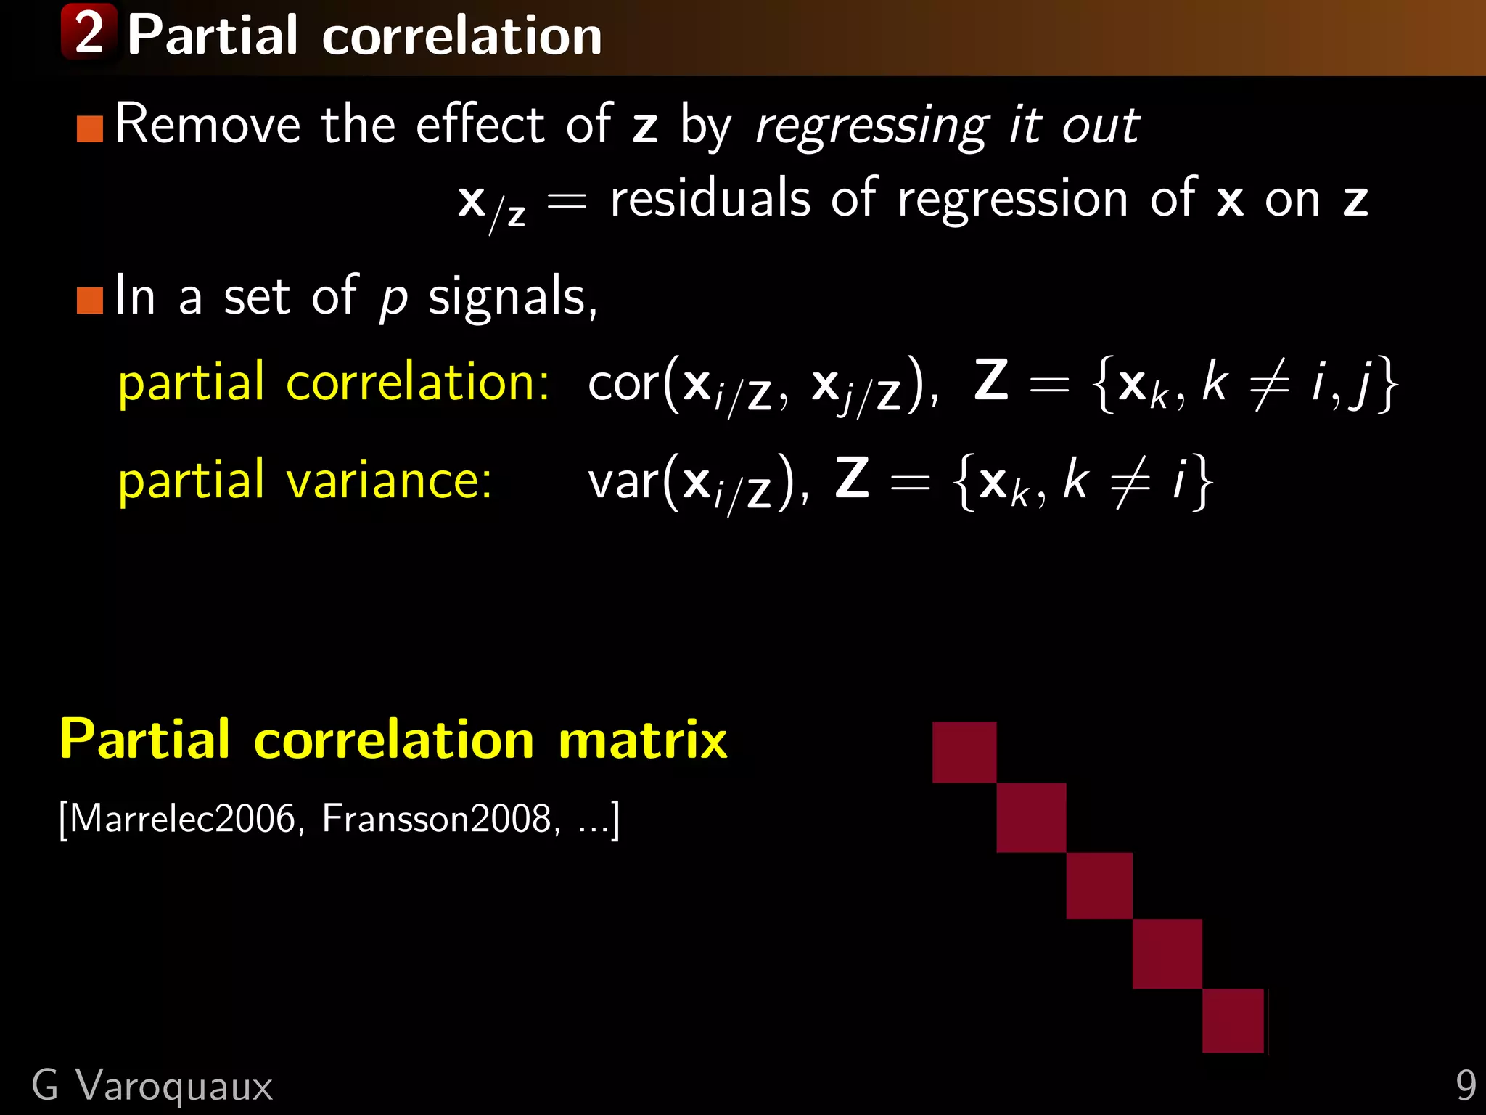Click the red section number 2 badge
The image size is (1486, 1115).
pyautogui.click(x=89, y=32)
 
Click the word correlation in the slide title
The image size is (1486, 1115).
pyautogui.click(x=461, y=36)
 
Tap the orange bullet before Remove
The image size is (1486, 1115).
pyautogui.click(x=90, y=128)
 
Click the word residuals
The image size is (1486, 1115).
pyautogui.click(x=710, y=199)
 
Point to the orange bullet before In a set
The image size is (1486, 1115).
pyautogui.click(x=90, y=300)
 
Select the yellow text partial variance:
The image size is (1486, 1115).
pyautogui.click(x=305, y=481)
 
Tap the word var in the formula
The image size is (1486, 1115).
pyautogui.click(x=623, y=481)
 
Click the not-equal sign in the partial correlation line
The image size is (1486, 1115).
pyautogui.click(x=1268, y=385)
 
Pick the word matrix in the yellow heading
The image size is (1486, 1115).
pyautogui.click(x=642, y=740)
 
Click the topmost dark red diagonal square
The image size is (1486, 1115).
pyautogui.click(x=964, y=752)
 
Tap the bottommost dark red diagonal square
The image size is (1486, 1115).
pyautogui.click(x=1233, y=1021)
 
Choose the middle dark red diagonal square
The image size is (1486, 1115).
pyautogui.click(x=1099, y=886)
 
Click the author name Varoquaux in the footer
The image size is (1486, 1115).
pyautogui.click(x=174, y=1087)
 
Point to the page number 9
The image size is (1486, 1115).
pyautogui.click(x=1465, y=1087)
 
